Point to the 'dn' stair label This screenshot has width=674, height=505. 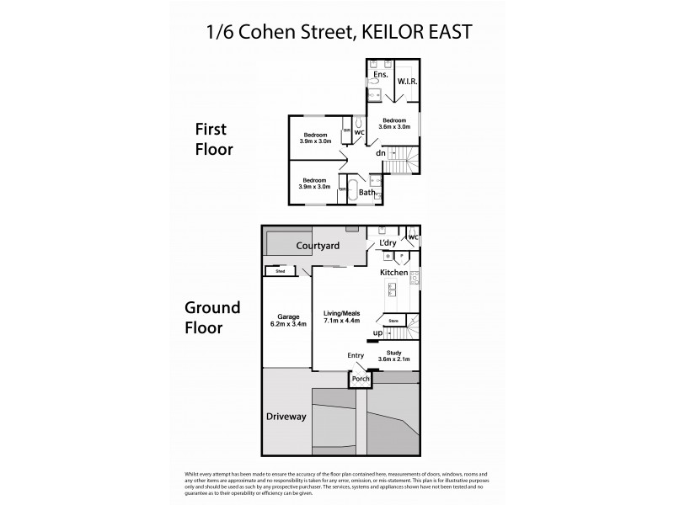coord(381,153)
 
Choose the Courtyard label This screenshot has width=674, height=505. coord(318,246)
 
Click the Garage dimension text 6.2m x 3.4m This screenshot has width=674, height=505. coord(285,323)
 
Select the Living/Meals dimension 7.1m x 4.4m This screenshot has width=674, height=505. coord(342,321)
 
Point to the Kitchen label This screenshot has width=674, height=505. coord(393,274)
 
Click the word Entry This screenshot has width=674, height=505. coord(356,356)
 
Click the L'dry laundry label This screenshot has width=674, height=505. coord(388,243)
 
